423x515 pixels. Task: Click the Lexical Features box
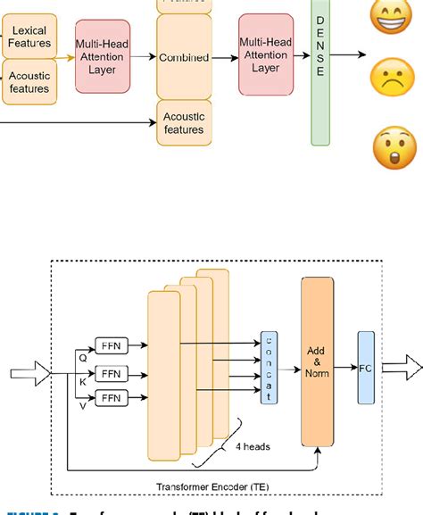(28, 37)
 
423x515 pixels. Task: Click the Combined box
(183, 57)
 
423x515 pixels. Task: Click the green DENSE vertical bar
(320, 71)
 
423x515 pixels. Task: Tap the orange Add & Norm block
(317, 361)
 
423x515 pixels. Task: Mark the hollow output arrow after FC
(402, 367)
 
